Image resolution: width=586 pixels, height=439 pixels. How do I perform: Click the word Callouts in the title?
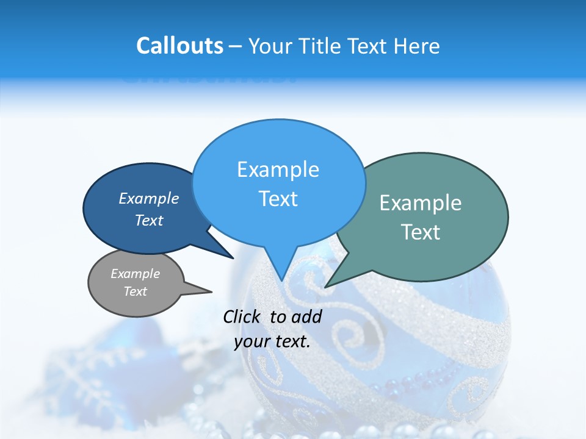(179, 46)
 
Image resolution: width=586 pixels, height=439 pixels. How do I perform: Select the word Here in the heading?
(416, 46)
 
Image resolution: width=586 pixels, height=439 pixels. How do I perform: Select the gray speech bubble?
(136, 282)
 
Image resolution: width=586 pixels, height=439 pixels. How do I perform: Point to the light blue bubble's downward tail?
(281, 268)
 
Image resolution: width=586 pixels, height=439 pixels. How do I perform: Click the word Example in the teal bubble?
(421, 203)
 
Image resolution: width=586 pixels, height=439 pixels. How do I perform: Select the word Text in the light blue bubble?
(278, 199)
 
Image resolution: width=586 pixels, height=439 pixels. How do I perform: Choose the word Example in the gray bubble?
(136, 274)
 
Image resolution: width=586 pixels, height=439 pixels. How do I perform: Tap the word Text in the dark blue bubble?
(149, 220)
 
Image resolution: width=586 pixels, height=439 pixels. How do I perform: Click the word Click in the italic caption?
(244, 316)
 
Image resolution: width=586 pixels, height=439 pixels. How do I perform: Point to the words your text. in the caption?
(272, 341)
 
